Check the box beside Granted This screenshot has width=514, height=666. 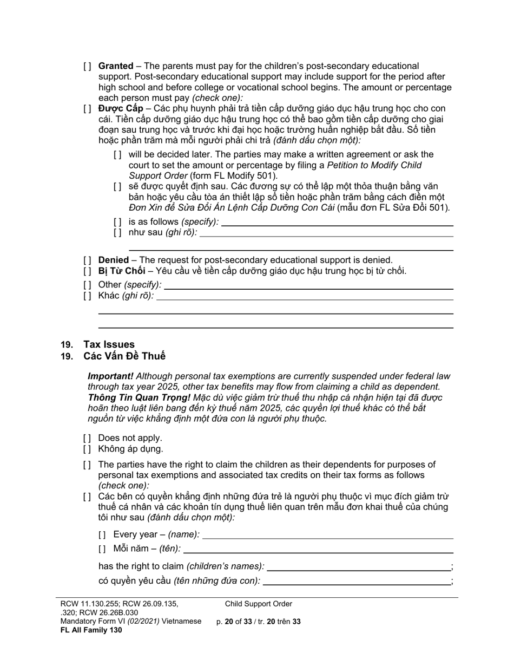click(87, 66)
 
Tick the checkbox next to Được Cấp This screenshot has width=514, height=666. click(87, 108)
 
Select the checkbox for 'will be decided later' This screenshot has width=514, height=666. click(117, 154)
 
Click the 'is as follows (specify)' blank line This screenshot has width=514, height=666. click(337, 223)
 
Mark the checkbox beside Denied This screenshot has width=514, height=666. click(87, 260)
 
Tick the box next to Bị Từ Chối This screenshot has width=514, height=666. click(87, 271)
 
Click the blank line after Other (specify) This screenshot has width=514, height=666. click(308, 286)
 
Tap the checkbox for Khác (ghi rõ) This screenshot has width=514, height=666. click(87, 296)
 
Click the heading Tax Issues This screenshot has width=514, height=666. click(109, 344)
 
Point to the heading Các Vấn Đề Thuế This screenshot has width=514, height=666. click(124, 356)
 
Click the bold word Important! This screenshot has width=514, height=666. click(110, 376)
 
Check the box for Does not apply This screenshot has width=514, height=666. click(87, 438)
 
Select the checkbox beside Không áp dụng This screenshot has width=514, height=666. click(87, 449)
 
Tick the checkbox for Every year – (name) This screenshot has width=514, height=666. click(102, 535)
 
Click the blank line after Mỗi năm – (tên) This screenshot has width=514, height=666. click(318, 550)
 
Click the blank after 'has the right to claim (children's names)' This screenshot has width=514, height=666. click(359, 567)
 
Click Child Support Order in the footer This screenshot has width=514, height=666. click(259, 604)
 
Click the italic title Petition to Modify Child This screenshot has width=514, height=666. click(374, 165)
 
